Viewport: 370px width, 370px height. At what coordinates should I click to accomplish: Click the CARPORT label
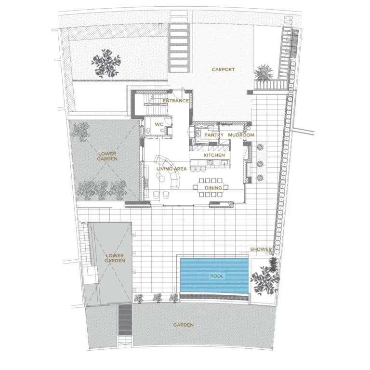223,70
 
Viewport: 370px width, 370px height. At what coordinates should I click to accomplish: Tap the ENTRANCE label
175,101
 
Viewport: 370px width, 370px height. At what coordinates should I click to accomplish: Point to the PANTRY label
213,135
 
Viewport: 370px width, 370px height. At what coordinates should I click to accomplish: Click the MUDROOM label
241,135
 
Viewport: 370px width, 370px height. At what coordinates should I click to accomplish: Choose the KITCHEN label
214,156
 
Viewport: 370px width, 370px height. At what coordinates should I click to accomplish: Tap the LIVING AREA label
171,169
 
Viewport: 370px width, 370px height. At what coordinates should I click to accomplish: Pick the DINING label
213,188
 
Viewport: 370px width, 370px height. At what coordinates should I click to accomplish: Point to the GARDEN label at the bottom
184,325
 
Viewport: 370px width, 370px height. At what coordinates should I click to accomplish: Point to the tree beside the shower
264,277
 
